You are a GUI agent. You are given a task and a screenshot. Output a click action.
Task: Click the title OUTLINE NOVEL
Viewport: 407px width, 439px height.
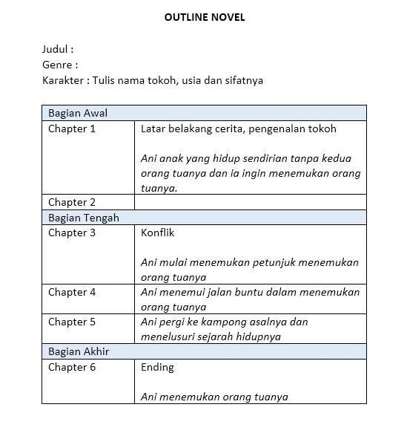205,18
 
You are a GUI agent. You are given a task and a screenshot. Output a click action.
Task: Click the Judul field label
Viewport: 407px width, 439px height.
58,50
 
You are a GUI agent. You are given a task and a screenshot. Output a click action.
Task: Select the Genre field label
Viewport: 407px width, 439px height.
60,65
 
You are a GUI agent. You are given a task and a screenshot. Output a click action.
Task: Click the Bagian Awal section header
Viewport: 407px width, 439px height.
78,113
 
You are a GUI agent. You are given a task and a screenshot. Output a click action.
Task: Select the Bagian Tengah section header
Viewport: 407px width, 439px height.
83,218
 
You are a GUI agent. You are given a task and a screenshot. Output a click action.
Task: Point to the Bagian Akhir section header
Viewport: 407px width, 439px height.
79,351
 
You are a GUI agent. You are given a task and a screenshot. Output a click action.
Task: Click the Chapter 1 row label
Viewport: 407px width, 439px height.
72,129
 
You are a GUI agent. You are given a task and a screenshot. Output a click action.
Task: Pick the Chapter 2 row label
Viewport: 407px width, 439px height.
72,202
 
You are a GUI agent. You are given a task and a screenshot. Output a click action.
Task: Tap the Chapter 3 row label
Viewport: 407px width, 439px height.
72,232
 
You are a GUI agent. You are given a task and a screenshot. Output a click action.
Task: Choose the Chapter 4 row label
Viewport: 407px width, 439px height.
72,292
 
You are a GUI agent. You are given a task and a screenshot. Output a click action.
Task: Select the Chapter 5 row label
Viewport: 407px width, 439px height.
72,322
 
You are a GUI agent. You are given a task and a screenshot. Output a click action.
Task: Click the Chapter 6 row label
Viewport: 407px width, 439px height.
72,367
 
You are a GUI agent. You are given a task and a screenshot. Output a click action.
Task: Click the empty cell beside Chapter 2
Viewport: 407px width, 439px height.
251,202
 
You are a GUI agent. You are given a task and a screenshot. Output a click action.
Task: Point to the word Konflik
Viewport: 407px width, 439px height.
157,232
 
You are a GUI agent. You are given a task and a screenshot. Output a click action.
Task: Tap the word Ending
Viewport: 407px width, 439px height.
157,367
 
